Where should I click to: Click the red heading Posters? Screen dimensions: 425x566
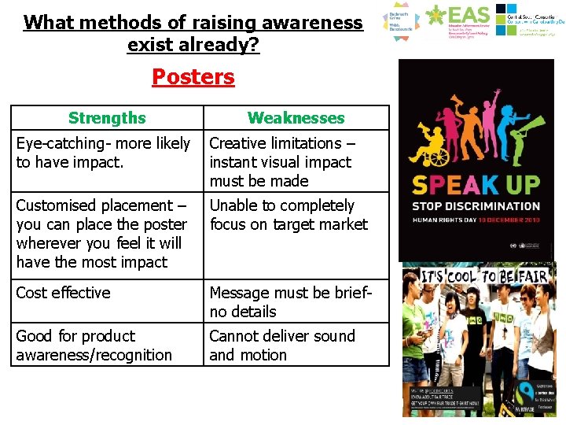click(x=193, y=77)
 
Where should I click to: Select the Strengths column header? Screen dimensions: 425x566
click(x=107, y=118)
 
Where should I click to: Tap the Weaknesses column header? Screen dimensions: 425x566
click(x=296, y=118)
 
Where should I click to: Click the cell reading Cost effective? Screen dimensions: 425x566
click(x=107, y=301)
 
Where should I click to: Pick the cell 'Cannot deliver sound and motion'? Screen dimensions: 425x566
click(x=296, y=345)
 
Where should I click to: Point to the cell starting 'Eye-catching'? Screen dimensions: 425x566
click(x=107, y=161)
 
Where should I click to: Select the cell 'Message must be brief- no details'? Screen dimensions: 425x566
click(x=296, y=301)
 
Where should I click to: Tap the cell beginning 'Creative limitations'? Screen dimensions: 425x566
click(x=296, y=161)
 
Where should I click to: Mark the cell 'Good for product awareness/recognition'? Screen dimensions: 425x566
click(x=107, y=345)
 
